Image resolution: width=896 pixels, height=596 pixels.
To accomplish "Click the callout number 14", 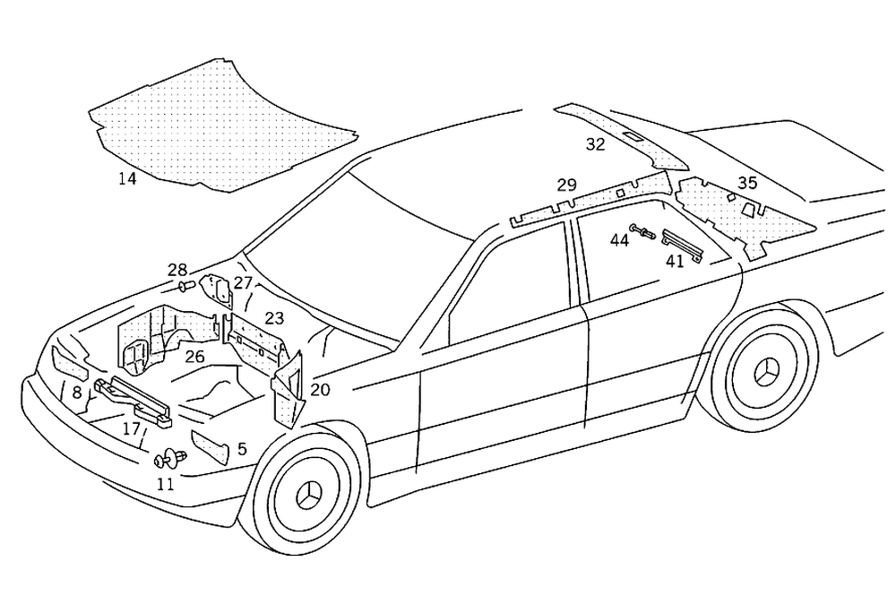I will point(127,178).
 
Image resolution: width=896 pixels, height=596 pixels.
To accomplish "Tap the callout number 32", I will point(596,143).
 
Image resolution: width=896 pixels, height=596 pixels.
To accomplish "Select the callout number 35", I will point(747,183).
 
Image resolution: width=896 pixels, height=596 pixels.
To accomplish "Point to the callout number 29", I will point(566,186).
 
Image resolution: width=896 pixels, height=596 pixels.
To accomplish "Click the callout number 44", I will point(620,239).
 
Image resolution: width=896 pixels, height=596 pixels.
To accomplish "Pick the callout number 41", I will point(675,261).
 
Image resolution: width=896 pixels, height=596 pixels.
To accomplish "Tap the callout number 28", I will point(177,269).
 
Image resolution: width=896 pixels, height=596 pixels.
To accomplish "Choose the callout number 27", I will point(244,283).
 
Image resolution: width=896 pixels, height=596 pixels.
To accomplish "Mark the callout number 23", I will point(274,317).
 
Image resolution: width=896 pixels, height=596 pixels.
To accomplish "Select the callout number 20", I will point(320,390).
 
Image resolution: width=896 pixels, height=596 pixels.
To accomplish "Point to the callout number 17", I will point(132,428).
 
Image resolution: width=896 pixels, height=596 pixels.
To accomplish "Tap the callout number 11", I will point(166,484).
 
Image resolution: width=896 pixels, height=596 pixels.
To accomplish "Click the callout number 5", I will point(242,449).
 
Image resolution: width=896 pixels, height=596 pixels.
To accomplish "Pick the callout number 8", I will point(77,392).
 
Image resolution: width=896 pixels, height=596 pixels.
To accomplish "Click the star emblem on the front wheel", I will point(309,494).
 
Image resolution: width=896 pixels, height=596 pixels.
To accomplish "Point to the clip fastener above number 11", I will point(168,460).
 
